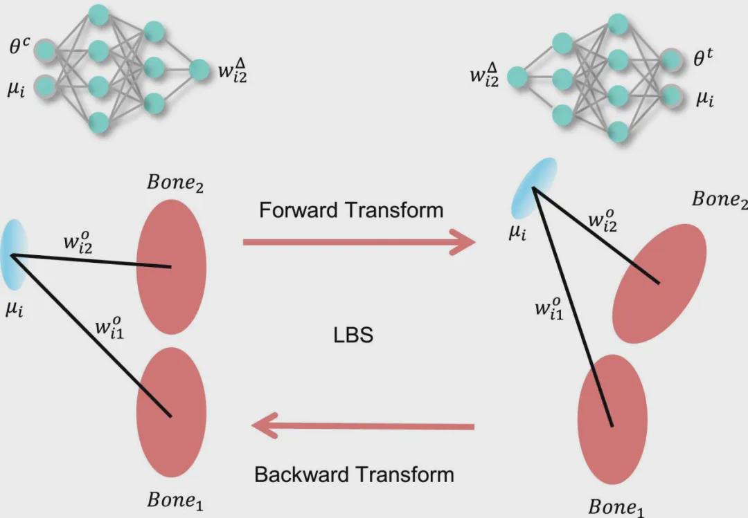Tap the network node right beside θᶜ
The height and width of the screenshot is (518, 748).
coord(45,50)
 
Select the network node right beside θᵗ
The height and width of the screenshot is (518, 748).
coord(670,60)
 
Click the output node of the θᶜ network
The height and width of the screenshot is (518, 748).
coord(199,69)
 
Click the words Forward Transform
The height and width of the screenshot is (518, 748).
coord(351,210)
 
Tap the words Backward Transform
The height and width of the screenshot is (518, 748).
coord(354,475)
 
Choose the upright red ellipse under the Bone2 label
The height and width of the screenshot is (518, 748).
coord(171,268)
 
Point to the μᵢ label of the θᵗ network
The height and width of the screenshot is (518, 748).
coord(705,99)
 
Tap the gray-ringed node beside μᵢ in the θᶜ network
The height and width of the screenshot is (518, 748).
coord(45,86)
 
